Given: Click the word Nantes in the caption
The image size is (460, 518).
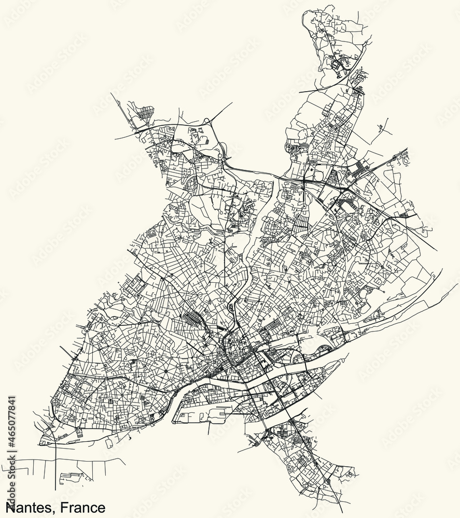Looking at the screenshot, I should pyautogui.click(x=29, y=507).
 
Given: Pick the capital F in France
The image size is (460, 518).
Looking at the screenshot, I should pyautogui.click(x=66, y=507).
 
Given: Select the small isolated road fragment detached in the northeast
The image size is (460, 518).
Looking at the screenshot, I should pyautogui.click(x=384, y=125).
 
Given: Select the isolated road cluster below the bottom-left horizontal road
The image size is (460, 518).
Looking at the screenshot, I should pyautogui.click(x=70, y=477).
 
